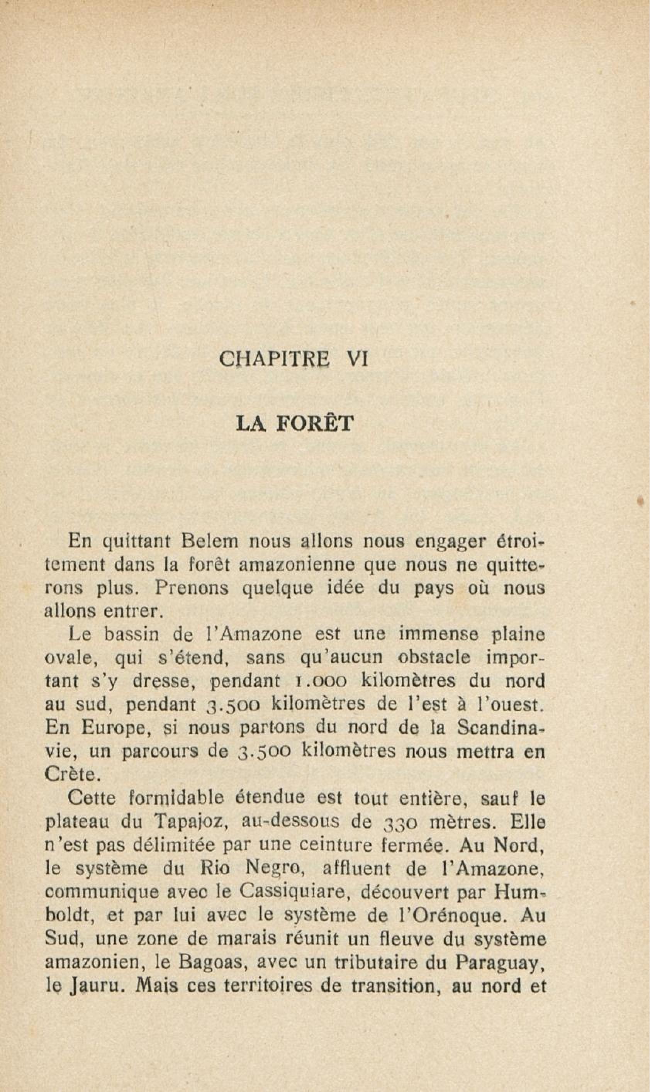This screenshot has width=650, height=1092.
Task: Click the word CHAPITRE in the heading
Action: tap(275, 359)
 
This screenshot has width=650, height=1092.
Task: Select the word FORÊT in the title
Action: tap(314, 424)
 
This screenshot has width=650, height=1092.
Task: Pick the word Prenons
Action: tap(192, 588)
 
